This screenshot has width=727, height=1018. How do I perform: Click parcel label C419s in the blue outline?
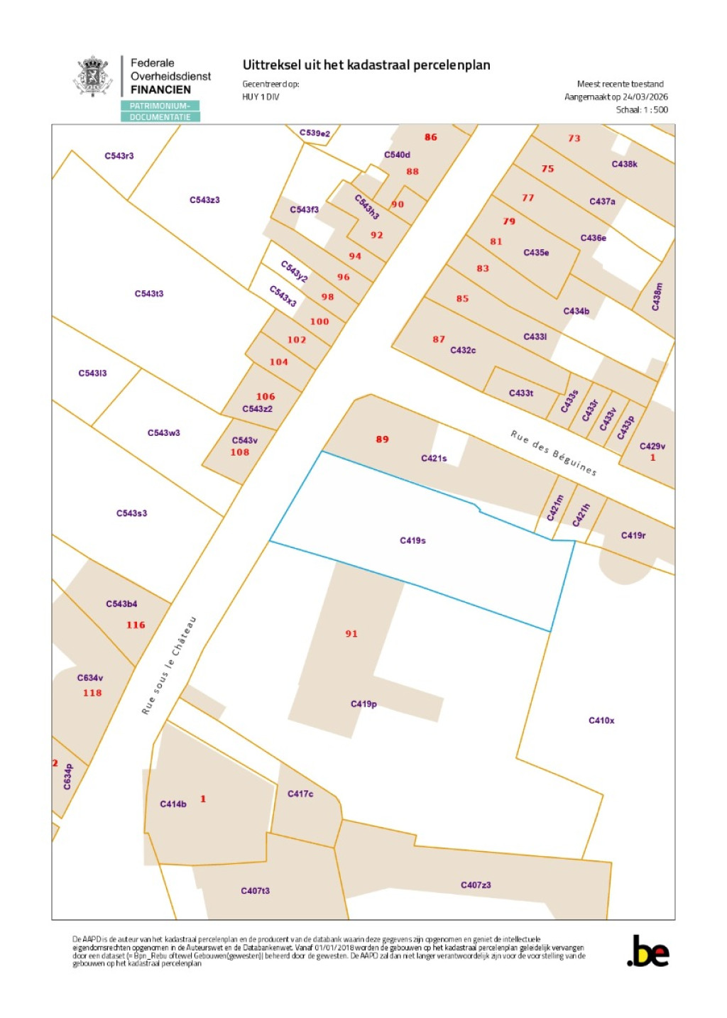(412, 540)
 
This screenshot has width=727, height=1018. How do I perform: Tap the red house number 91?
(351, 633)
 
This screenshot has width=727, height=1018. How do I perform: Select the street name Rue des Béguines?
(554, 453)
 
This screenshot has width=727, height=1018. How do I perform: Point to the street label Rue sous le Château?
(168, 665)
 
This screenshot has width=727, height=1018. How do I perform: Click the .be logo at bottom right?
(648, 951)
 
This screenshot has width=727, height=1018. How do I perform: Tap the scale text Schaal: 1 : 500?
(642, 109)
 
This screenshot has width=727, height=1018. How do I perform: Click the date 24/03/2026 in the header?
(645, 97)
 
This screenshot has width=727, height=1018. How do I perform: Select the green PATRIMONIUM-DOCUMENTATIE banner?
(160, 111)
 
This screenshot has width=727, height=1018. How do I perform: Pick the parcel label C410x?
(601, 721)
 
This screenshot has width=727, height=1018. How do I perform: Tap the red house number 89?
(383, 439)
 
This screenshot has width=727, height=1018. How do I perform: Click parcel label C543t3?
(149, 293)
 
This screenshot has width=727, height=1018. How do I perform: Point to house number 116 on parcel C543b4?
(136, 625)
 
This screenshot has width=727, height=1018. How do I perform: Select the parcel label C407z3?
(476, 885)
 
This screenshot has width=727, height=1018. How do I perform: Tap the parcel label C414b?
(173, 804)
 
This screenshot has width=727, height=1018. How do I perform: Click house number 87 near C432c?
(439, 339)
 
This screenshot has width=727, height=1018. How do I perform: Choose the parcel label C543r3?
(119, 155)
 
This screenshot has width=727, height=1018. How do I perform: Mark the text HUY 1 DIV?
(261, 97)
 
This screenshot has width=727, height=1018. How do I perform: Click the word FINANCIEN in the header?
(160, 89)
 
